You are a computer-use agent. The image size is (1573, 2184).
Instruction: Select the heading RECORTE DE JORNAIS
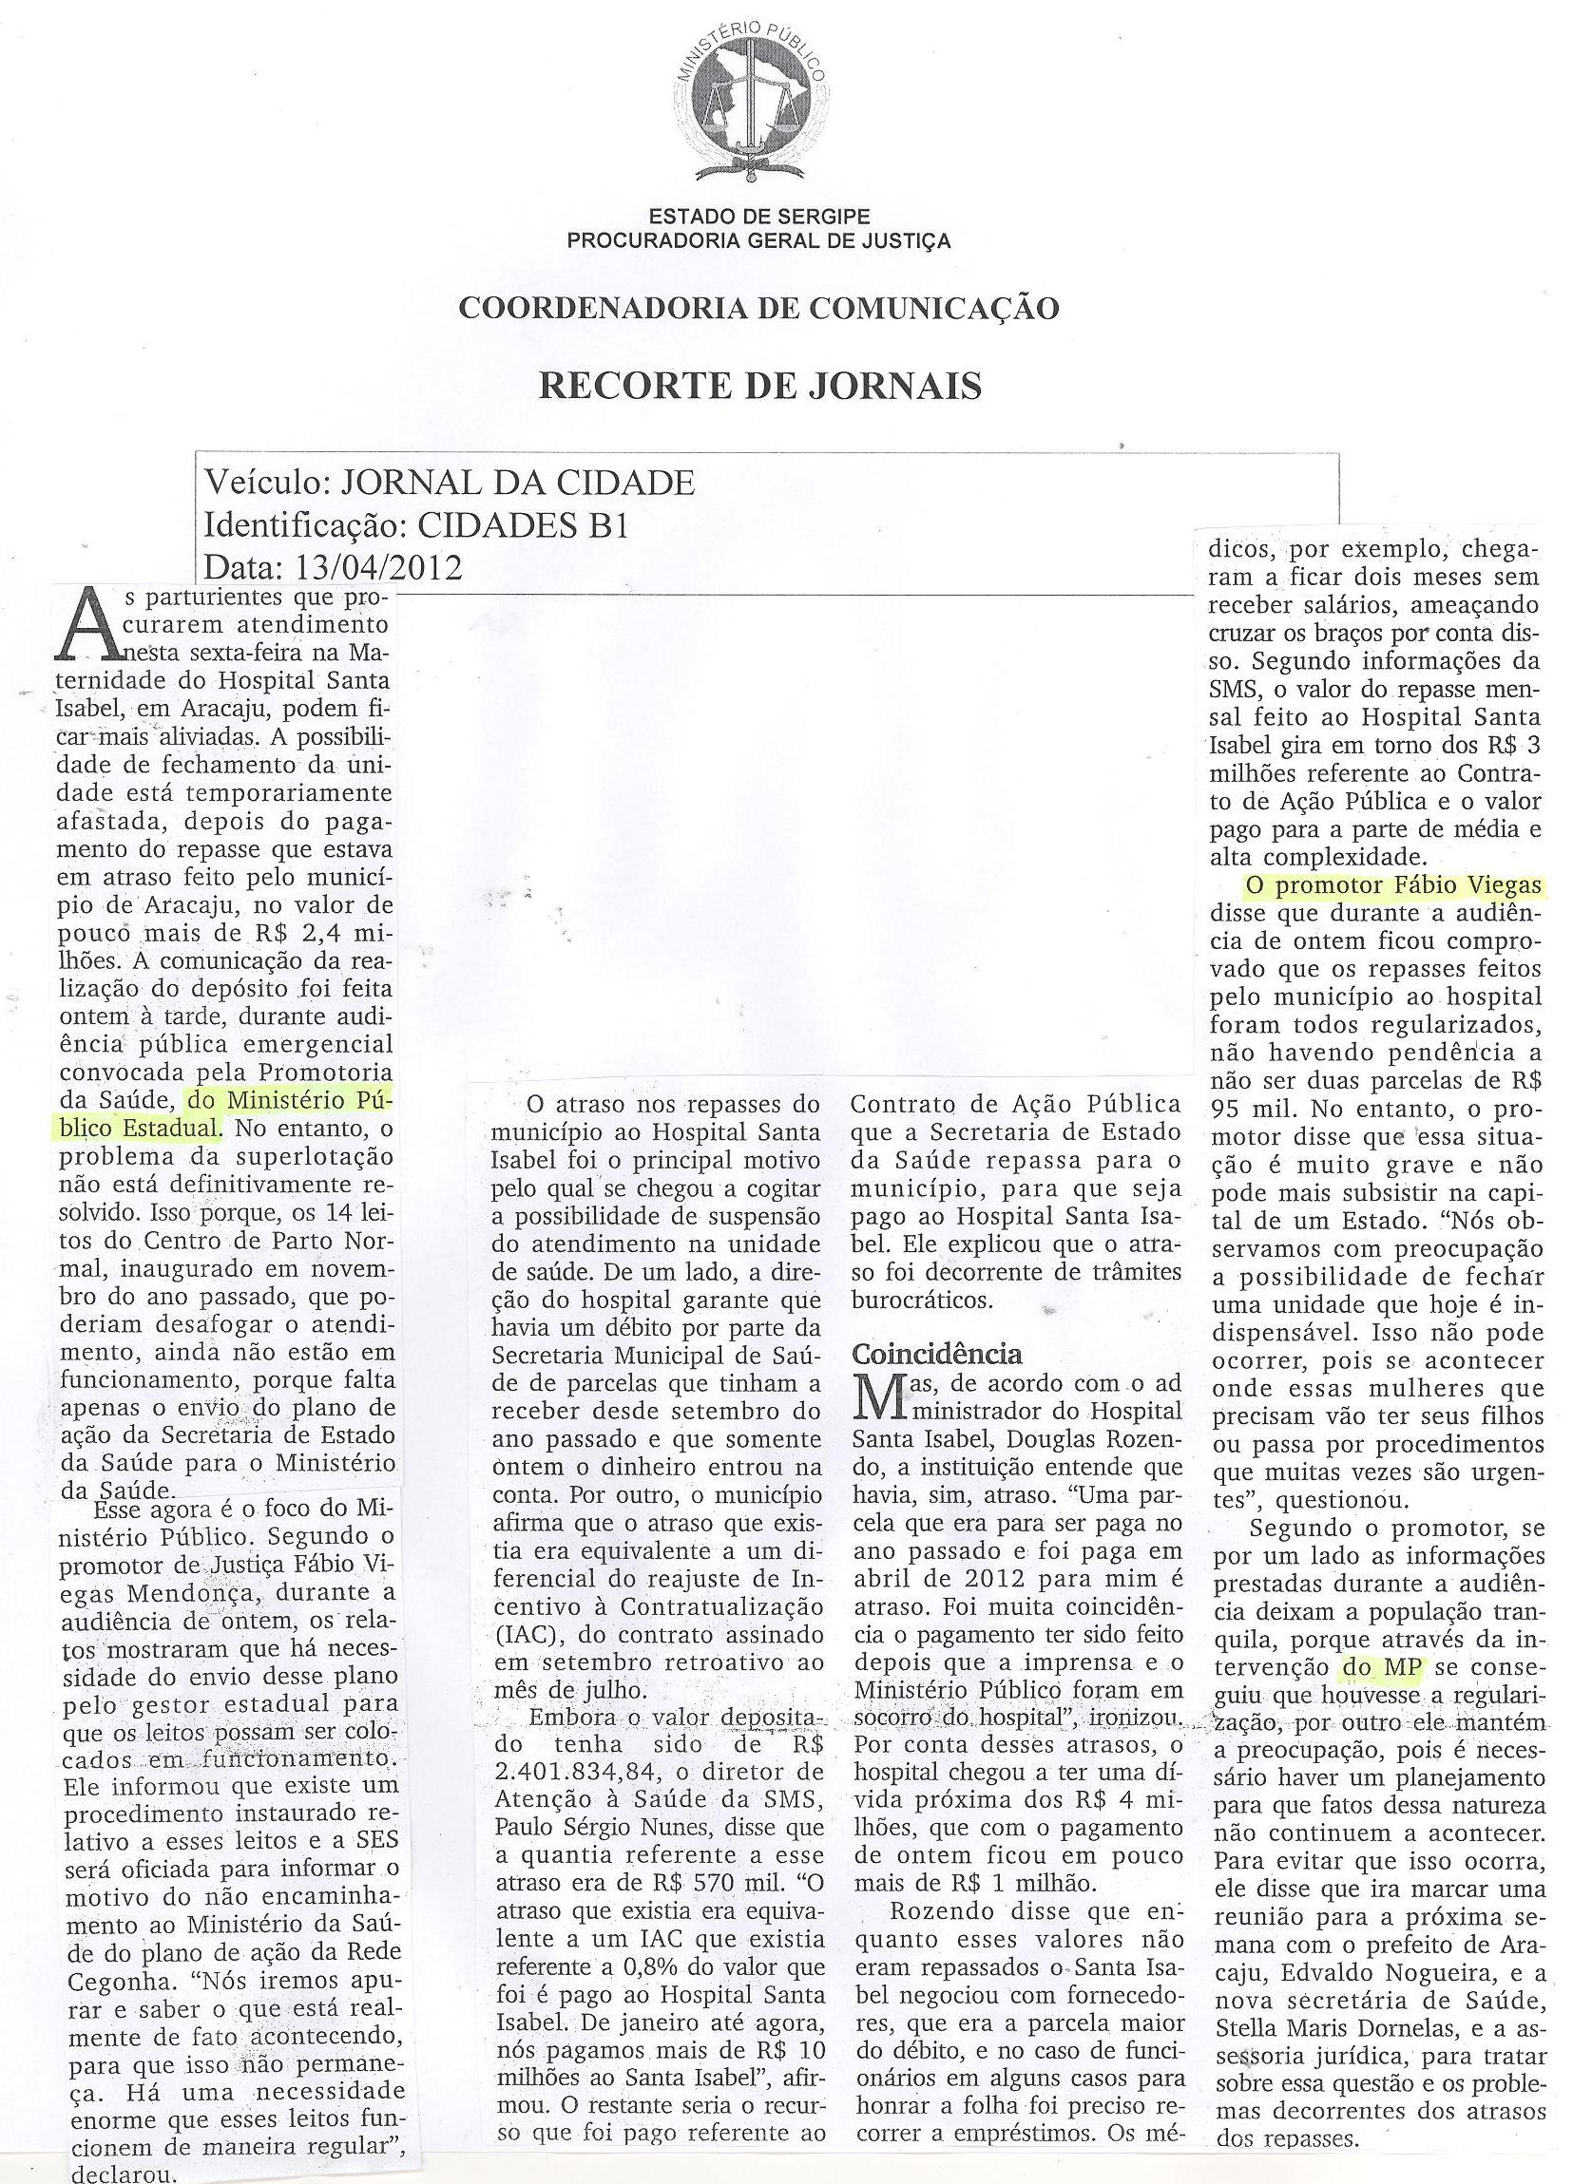(760, 384)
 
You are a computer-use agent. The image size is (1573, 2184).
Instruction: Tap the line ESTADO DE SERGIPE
(759, 218)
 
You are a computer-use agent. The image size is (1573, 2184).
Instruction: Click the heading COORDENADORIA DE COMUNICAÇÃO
(759, 307)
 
